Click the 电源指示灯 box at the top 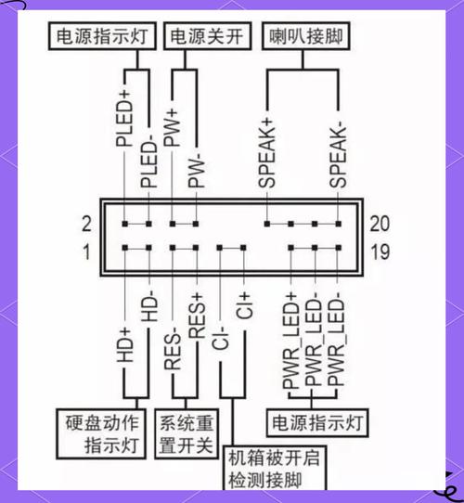[102, 36]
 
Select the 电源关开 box [206, 36]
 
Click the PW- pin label [196, 164]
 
